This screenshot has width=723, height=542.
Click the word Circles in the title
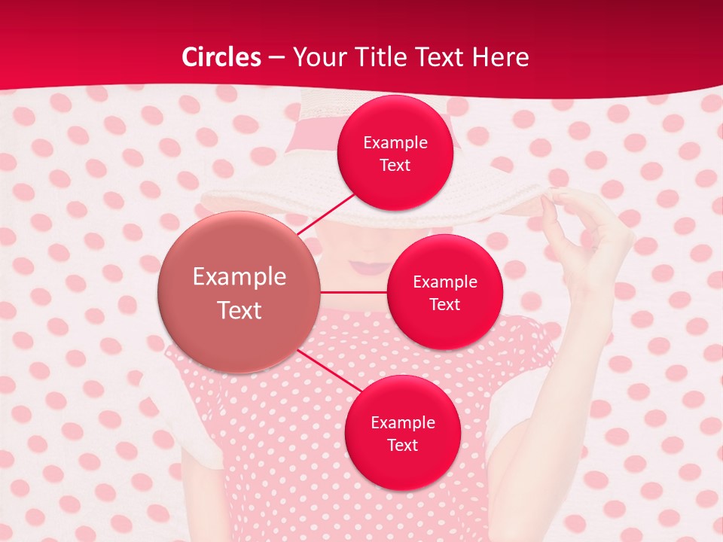pyautogui.click(x=221, y=57)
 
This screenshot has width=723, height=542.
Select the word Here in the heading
pyautogui.click(x=500, y=57)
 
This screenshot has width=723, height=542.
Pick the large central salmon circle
pyautogui.click(x=239, y=292)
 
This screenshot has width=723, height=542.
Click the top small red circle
pyautogui.click(x=395, y=153)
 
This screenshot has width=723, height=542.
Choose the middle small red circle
pyautogui.click(x=444, y=292)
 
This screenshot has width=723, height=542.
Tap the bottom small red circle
pyautogui.click(x=402, y=433)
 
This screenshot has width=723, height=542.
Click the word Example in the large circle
pyautogui.click(x=239, y=276)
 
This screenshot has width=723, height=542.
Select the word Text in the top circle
pyautogui.click(x=395, y=165)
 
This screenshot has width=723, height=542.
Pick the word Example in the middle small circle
pyautogui.click(x=444, y=282)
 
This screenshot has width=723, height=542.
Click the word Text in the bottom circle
pyautogui.click(x=402, y=445)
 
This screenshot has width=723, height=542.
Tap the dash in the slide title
pyautogui.click(x=276, y=58)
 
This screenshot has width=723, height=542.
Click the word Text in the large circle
pyautogui.click(x=239, y=309)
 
